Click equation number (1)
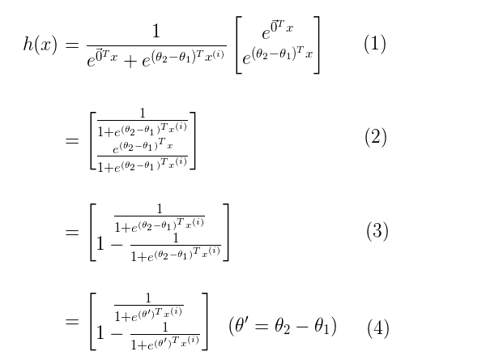(375, 44)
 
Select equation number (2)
(376, 137)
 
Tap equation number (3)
(377, 231)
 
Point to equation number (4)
(378, 328)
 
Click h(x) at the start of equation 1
(40, 44)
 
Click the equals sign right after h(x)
(72, 45)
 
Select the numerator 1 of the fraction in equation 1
(156, 32)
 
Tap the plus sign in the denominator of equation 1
(130, 62)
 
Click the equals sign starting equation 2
(72, 141)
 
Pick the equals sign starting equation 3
(72, 232)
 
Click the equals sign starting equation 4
(72, 321)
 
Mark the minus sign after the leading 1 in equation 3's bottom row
(117, 245)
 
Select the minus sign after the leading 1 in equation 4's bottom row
(117, 334)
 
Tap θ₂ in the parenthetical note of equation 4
(282, 327)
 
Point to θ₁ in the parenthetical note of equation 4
(322, 327)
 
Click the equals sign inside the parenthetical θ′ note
(261, 327)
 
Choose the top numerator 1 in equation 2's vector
(143, 113)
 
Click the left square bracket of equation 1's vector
(238, 45)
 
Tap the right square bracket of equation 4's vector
(205, 322)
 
